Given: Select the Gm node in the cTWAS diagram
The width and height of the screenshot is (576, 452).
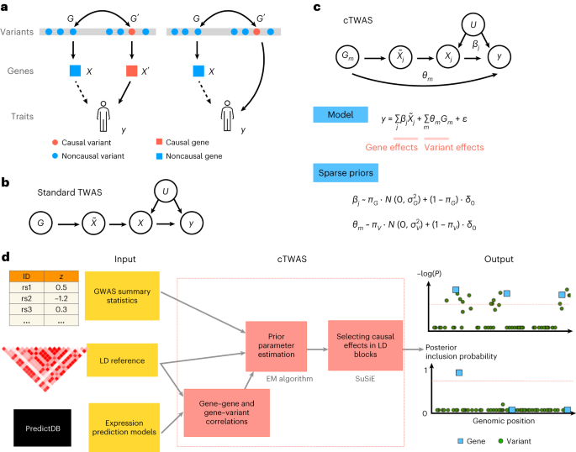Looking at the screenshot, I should point(326,55).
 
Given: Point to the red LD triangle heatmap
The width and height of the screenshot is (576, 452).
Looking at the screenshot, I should point(37,356).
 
